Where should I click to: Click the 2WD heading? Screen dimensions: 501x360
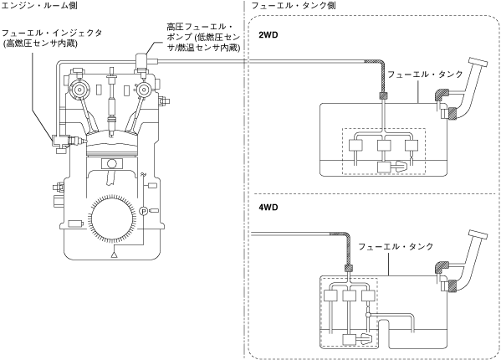[268, 35]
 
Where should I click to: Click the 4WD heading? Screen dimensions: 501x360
[268, 208]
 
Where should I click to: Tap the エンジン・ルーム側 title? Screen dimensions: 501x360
[39, 5]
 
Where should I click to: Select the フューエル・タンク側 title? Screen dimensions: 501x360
[294, 5]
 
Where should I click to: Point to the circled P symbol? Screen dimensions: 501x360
[144, 211]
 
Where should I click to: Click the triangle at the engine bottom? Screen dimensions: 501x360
[114, 255]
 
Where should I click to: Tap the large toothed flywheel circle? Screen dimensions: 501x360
[111, 219]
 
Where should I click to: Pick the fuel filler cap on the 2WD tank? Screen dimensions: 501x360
[478, 62]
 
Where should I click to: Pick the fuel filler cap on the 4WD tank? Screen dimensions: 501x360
[478, 234]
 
